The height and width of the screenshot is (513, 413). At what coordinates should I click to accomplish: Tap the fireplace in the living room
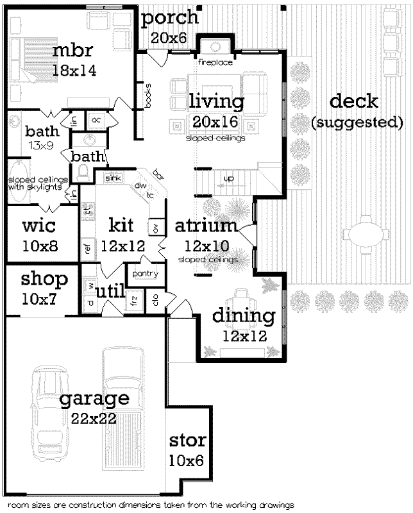pyautogui.click(x=213, y=48)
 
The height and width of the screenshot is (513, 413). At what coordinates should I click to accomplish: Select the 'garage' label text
pyautogui.click(x=94, y=399)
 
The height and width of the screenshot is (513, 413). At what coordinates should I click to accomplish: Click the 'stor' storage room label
pyautogui.click(x=187, y=441)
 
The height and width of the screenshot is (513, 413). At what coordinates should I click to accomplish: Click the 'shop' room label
pyautogui.click(x=44, y=279)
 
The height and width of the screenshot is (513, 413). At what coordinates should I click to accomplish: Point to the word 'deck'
pyautogui.click(x=353, y=101)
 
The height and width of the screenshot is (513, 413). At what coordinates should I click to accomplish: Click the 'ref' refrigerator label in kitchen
pyautogui.click(x=87, y=247)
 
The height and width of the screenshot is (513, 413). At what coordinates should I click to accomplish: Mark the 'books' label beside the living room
pyautogui.click(x=147, y=96)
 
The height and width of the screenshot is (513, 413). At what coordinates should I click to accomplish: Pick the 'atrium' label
pyautogui.click(x=206, y=226)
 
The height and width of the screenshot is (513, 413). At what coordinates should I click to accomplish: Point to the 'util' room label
pyautogui.click(x=110, y=292)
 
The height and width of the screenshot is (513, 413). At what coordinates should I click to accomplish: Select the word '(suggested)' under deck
pyautogui.click(x=357, y=121)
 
